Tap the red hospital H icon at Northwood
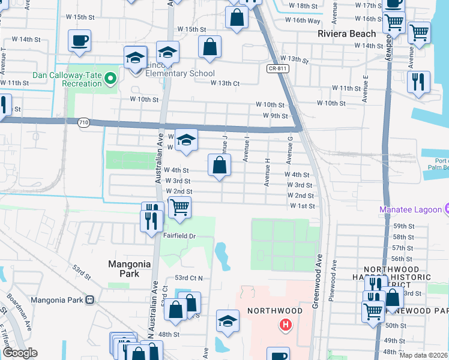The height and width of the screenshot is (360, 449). (x=286, y=325)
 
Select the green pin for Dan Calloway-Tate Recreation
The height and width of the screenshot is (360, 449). (x=110, y=77)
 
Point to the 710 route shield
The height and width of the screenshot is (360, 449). (x=83, y=122)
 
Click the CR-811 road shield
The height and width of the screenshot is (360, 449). (x=276, y=69)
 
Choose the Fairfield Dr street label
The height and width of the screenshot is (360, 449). (x=179, y=236)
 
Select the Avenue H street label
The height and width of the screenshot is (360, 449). (x=267, y=172)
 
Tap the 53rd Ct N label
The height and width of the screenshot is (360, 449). (x=190, y=278)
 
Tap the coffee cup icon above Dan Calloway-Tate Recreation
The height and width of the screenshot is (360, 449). (x=79, y=41)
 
